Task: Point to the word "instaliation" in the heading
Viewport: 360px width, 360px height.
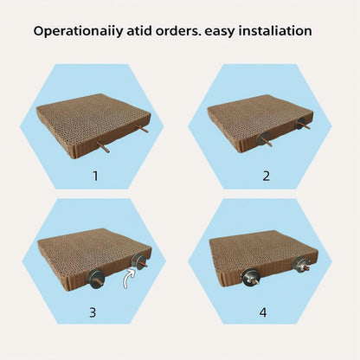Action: point(273,32)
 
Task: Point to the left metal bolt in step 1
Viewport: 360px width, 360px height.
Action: point(103,149)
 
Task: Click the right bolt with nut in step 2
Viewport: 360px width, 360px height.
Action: point(304,126)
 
